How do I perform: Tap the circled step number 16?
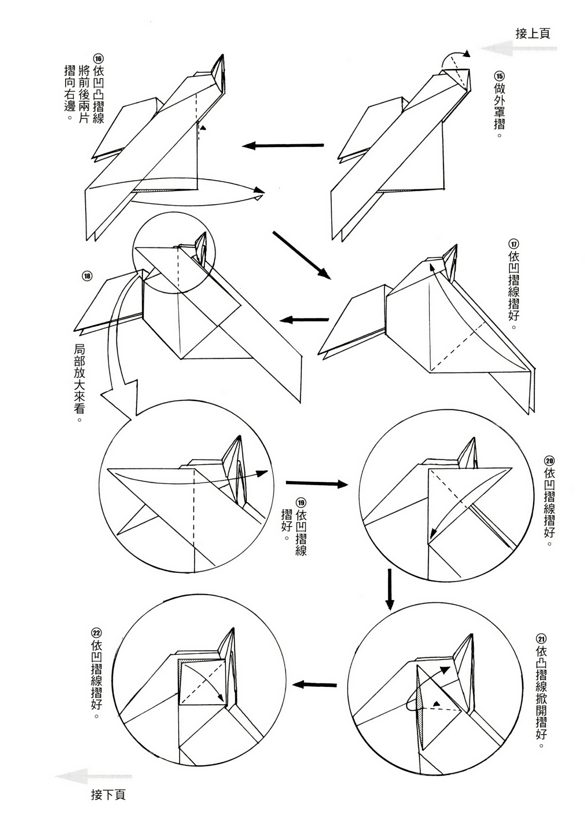coord(98,58)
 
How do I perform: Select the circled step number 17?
coord(514,244)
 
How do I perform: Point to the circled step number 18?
coord(87,276)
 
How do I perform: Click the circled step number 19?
coord(300,503)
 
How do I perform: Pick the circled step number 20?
coord(549,461)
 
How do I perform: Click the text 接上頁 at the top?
coord(533,33)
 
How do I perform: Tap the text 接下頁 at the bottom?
coord(108,795)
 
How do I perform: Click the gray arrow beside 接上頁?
coord(518,48)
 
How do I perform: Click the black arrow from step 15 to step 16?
coord(283,145)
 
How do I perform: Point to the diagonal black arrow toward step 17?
coord(302,254)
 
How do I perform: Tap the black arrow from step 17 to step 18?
coord(304,320)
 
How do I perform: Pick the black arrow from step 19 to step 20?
coord(317,483)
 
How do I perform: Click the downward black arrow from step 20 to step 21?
coord(389,589)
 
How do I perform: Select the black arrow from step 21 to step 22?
coord(315,684)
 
